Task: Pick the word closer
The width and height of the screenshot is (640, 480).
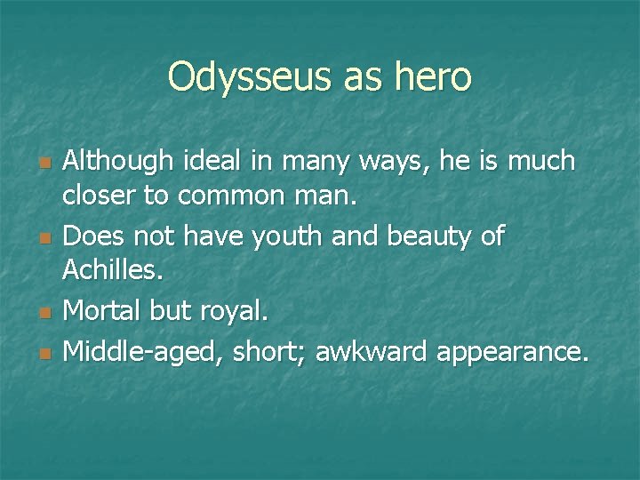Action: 100,199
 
